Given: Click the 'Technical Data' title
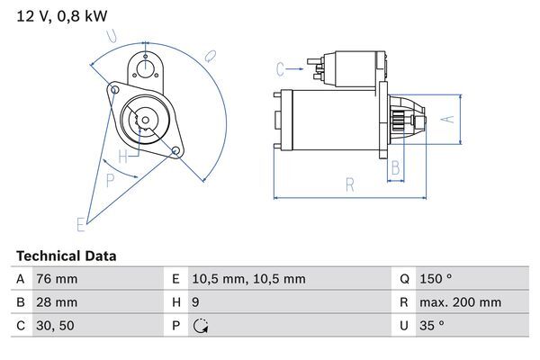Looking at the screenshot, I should pyautogui.click(x=66, y=256).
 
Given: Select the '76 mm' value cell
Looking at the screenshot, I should pyautogui.click(x=56, y=279).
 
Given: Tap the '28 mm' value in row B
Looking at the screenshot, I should pyautogui.click(x=56, y=303).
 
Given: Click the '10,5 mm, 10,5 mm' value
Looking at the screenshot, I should pyautogui.click(x=249, y=279).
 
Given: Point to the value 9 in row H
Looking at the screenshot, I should pyautogui.click(x=197, y=303).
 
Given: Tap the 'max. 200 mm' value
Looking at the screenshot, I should pyautogui.click(x=462, y=303).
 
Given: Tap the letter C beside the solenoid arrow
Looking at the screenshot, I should pyautogui.click(x=280, y=68).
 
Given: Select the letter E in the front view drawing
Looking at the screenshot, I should pyautogui.click(x=80, y=223).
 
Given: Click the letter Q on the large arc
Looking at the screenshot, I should pyautogui.click(x=208, y=56).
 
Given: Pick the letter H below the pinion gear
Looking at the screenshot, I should pyautogui.click(x=134, y=155).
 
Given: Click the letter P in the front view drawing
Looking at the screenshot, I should pyautogui.click(x=110, y=180).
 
